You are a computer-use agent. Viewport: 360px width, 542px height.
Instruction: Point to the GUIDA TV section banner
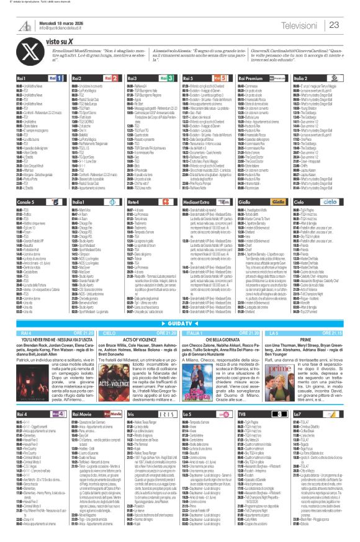180,324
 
